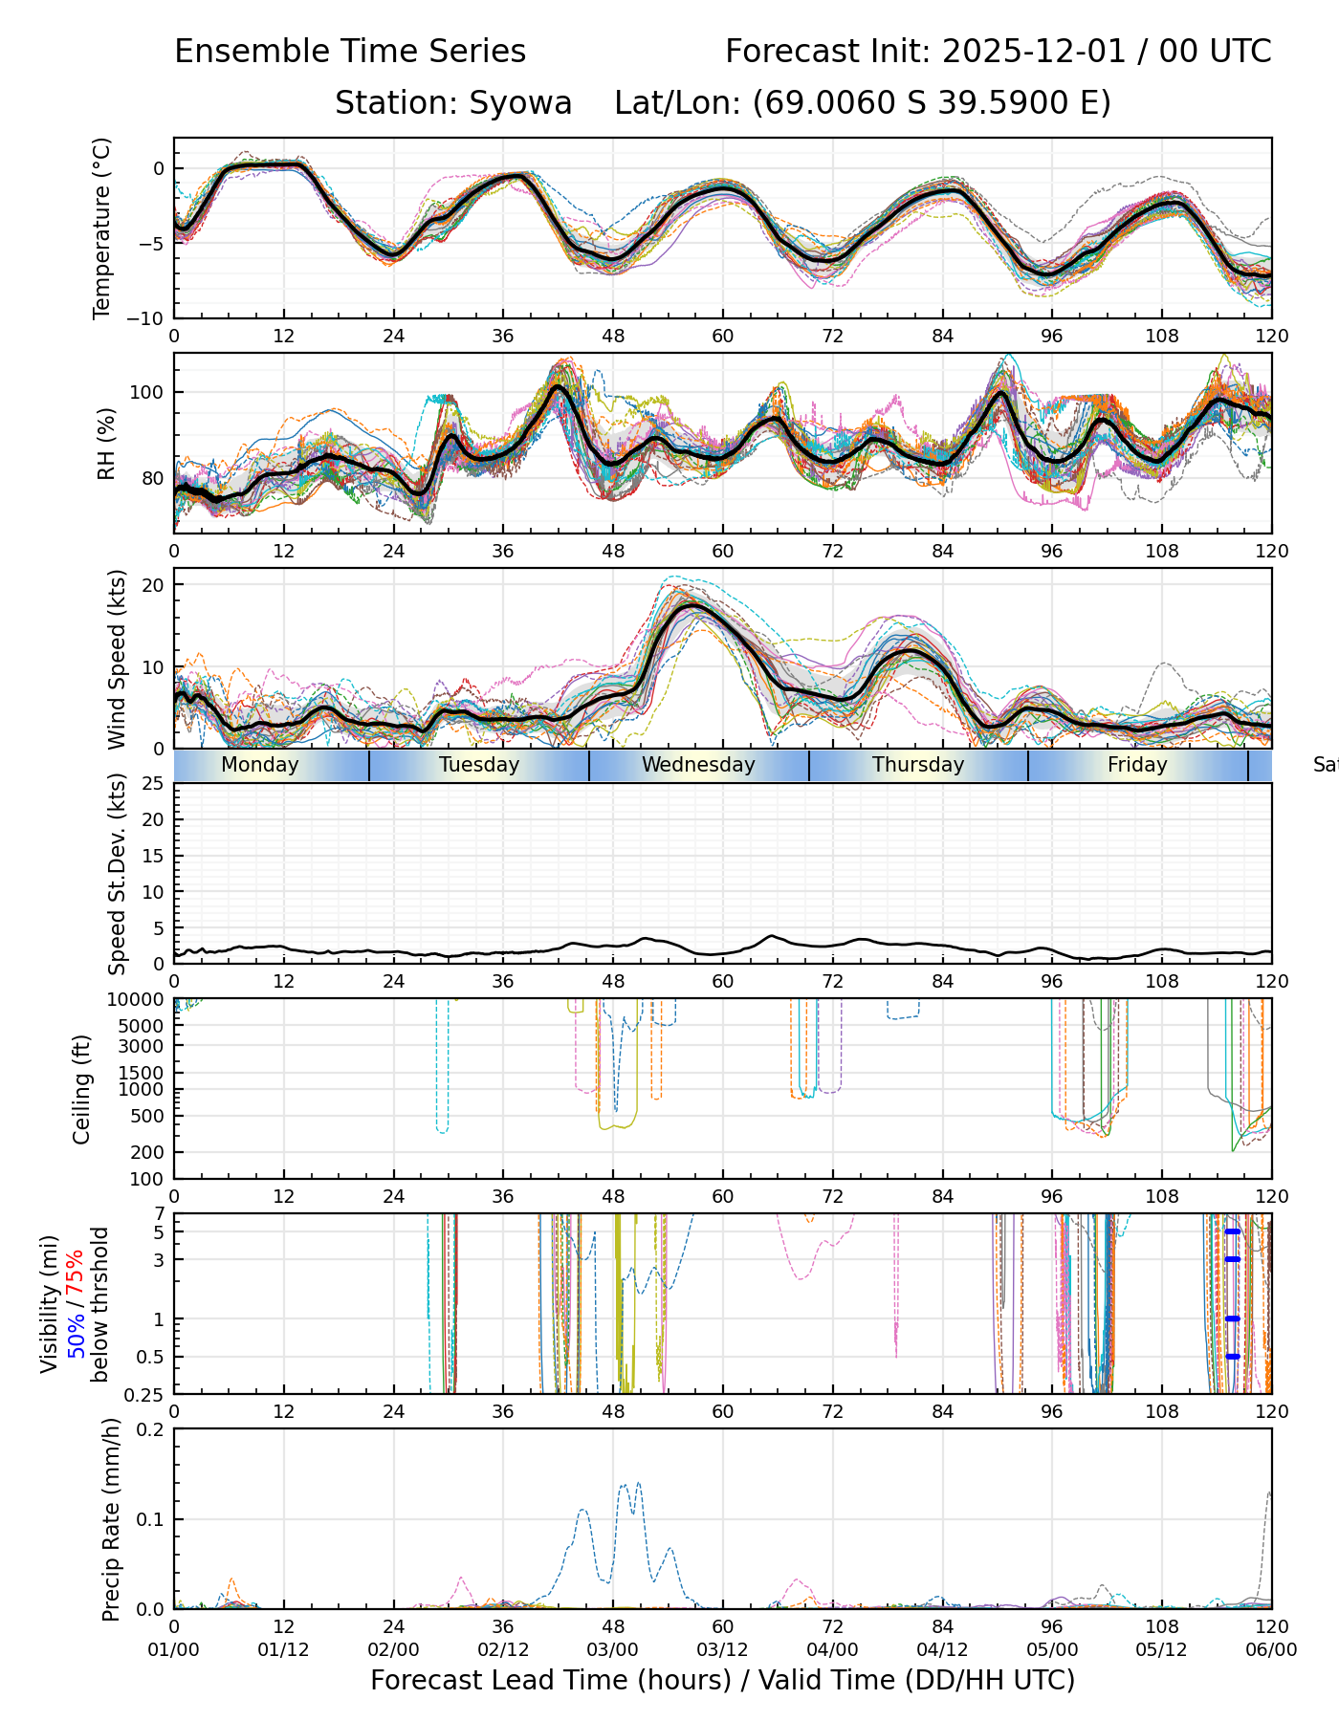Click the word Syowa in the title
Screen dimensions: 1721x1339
[520, 103]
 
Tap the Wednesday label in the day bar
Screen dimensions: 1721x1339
[698, 765]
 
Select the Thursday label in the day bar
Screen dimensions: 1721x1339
[918, 765]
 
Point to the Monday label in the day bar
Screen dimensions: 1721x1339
[259, 765]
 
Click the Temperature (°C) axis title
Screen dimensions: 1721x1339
[102, 228]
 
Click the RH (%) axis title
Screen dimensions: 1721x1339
[105, 444]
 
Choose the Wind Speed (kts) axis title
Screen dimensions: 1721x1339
[117, 659]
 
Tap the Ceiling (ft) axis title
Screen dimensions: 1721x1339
[82, 1089]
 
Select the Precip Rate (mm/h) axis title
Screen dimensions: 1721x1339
[112, 1519]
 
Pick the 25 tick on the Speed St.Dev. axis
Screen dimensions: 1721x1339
[153, 784]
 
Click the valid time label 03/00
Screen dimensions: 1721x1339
[612, 1650]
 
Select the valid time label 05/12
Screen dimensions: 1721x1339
[1161, 1650]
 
